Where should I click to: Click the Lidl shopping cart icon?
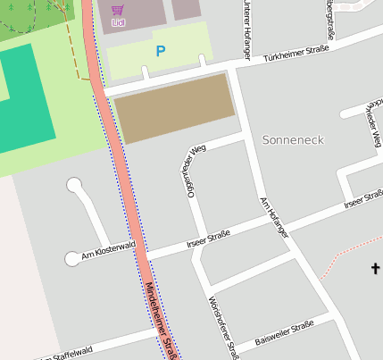pos(118,8)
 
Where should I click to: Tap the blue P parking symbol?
pos(160,52)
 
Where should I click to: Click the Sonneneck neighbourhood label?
pos(293,140)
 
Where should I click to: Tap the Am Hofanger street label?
pos(274,216)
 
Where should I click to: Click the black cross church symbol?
pos(375,268)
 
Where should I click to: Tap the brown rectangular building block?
pos(175,108)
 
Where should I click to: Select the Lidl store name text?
pos(118,21)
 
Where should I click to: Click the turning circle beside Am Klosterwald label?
pos(72,259)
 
